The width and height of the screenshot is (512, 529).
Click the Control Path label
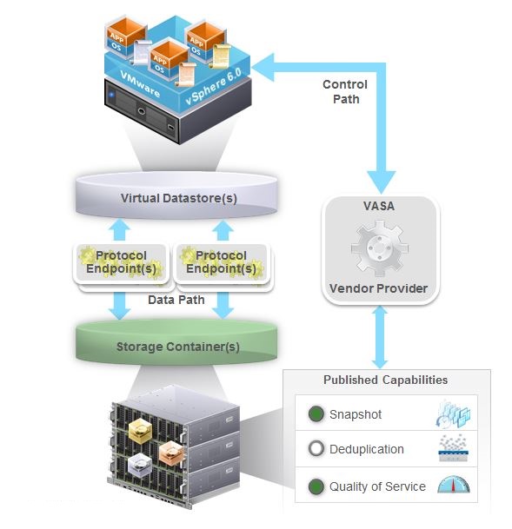pos(345,92)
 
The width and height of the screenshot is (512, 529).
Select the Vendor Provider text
pos(378,288)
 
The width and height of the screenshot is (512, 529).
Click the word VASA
pos(379,206)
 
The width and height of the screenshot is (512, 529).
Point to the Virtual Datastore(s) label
pos(178,198)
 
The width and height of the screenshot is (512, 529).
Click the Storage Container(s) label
pos(178,347)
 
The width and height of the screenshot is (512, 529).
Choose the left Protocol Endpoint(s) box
pos(121,263)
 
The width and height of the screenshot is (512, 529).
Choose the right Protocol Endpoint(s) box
pos(221,263)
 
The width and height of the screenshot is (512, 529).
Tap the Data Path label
pos(176,300)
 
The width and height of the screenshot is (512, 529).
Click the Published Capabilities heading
pos(385,380)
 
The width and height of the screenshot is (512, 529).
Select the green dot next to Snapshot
pos(316,414)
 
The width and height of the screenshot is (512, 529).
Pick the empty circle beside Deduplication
pos(316,449)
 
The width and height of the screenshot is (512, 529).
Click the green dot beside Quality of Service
pos(316,486)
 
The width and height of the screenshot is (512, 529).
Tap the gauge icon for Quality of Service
pos(454,485)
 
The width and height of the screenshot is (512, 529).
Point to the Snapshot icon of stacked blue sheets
pos(453,413)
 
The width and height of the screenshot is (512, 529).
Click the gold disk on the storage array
pos(140,430)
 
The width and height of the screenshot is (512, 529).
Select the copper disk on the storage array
pos(171,453)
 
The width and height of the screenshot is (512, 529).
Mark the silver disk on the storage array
pos(140,465)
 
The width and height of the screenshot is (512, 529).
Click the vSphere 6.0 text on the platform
pos(214,86)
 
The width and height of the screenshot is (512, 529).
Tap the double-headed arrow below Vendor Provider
pos(380,337)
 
